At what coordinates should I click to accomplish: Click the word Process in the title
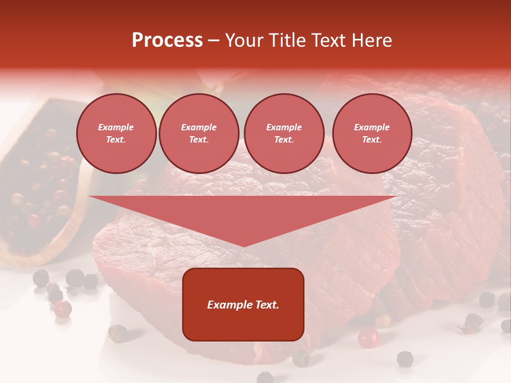tap(167, 40)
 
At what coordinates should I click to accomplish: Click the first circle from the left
tap(116, 134)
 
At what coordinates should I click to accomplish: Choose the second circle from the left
tap(199, 134)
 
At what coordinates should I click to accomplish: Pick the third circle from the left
tap(284, 134)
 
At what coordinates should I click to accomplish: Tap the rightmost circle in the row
tap(372, 134)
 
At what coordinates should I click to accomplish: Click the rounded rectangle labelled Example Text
tap(243, 304)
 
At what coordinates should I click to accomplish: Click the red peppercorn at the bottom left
tap(63, 309)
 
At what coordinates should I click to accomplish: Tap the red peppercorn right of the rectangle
tap(368, 338)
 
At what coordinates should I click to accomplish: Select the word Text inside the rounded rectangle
tap(266, 305)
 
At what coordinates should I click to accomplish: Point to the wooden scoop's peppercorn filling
tap(37, 186)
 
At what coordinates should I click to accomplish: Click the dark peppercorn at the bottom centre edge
tap(265, 378)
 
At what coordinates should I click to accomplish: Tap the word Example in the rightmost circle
tap(372, 127)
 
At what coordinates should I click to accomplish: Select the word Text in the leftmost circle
tap(116, 140)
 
